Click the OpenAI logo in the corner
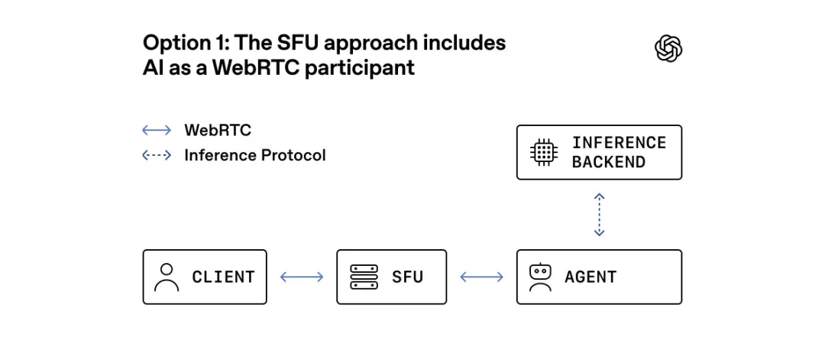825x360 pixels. pyautogui.click(x=668, y=48)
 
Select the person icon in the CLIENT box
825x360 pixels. pyautogui.click(x=167, y=277)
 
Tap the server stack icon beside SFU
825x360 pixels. pyautogui.click(x=364, y=277)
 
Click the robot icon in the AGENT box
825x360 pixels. pyautogui.click(x=540, y=277)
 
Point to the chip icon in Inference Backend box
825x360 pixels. pyautogui.click(x=544, y=152)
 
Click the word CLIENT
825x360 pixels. pyautogui.click(x=223, y=277)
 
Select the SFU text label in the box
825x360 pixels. pyautogui.click(x=408, y=277)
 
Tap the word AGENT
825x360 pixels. pyautogui.click(x=590, y=277)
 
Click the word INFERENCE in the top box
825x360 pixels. pyautogui.click(x=620, y=143)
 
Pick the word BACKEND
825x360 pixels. pyautogui.click(x=609, y=161)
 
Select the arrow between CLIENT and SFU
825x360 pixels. pyautogui.click(x=302, y=277)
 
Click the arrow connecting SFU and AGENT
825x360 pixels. pyautogui.click(x=481, y=277)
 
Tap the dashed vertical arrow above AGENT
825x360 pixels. pyautogui.click(x=599, y=215)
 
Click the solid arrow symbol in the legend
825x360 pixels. pyautogui.click(x=157, y=130)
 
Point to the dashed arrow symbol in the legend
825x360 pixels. pyautogui.click(x=157, y=155)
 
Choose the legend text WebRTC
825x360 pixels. pyautogui.click(x=218, y=130)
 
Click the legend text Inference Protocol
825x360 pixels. pyautogui.click(x=255, y=155)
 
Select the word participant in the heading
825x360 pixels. pyautogui.click(x=358, y=69)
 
